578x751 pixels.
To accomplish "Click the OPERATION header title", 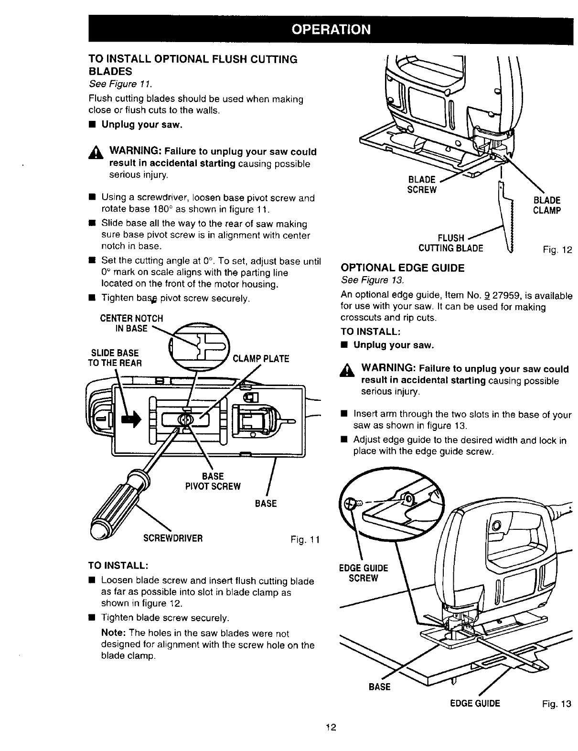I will pos(331,30).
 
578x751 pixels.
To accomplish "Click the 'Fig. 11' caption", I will pos(304,540).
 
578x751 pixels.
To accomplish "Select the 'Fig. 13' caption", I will pos(557,704).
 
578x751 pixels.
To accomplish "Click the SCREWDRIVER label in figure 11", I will pos(173,538).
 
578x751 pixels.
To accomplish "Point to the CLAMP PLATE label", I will pos(260,358).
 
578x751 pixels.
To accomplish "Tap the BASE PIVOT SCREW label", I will pos(213,482).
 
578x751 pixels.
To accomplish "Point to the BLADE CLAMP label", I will pos(546,205).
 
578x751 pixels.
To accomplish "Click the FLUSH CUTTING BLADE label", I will pos(450,243).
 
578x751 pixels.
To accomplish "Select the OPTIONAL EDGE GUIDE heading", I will pos(402,268).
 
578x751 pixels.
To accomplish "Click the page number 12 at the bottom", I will pos(331,728).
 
